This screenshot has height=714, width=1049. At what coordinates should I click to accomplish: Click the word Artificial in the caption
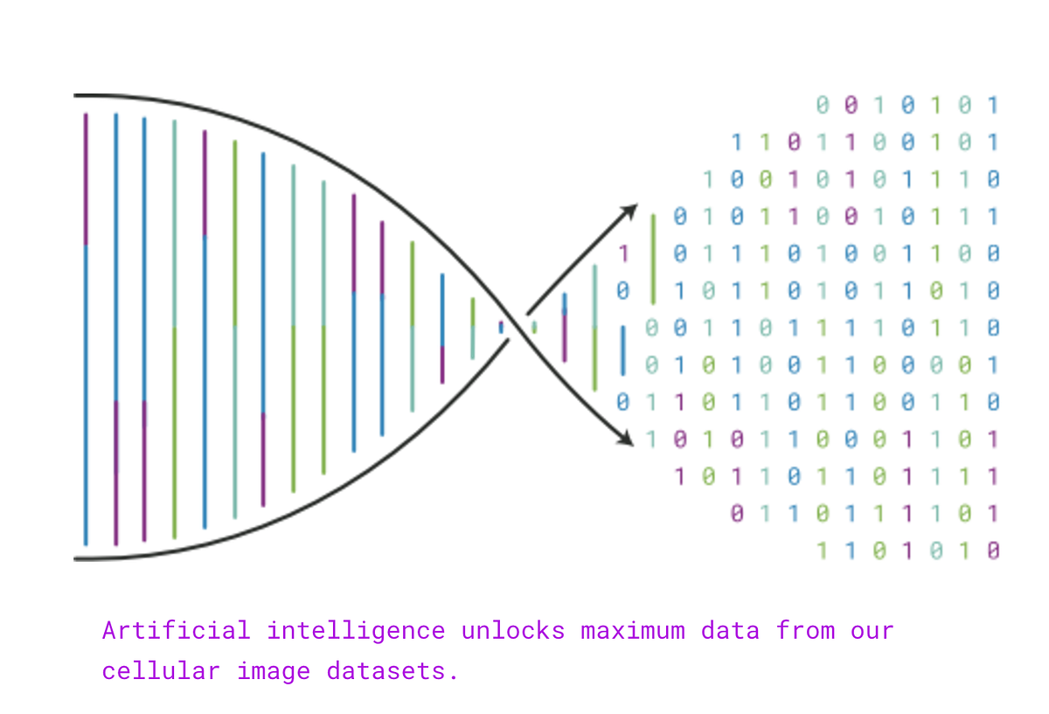click(176, 630)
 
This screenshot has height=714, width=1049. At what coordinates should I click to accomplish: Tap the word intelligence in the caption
click(356, 632)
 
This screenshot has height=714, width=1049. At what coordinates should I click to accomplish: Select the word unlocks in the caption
click(513, 630)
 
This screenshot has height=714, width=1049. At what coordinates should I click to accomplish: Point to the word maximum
click(633, 631)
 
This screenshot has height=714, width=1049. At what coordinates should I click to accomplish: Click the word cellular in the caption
click(161, 670)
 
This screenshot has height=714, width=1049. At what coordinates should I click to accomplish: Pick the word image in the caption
click(274, 672)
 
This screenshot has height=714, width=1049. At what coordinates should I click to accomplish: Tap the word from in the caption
click(805, 630)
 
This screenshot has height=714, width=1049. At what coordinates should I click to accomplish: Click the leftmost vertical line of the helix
click(86, 329)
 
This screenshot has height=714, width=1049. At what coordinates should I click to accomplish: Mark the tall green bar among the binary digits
click(653, 260)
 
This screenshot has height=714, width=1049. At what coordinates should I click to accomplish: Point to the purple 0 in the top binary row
click(851, 105)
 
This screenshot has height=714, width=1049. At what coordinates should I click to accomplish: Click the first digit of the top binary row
click(823, 105)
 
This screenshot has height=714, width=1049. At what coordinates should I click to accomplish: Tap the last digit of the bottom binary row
click(993, 551)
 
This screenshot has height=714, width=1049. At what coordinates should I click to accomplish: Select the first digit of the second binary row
click(737, 142)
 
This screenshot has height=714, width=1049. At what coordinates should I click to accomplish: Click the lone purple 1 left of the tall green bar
click(622, 253)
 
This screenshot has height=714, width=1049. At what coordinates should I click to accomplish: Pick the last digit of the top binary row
click(993, 105)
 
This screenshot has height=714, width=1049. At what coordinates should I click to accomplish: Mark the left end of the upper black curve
click(74, 95)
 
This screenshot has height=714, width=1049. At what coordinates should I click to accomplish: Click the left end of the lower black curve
click(74, 558)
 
